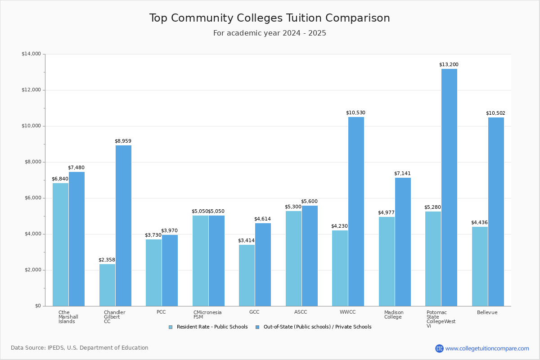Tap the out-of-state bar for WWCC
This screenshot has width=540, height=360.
pos(356,211)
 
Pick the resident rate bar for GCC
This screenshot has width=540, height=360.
pos(247,275)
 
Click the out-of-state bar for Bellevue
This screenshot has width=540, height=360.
pos(496,211)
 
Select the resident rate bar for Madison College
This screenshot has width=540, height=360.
pos(387,261)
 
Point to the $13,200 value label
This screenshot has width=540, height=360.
pos(449,65)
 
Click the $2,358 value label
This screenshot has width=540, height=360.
pos(107,260)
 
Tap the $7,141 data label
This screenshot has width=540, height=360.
pos(402,174)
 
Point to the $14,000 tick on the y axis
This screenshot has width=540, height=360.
pos(31,54)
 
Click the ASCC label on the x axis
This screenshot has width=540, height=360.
pos(301,312)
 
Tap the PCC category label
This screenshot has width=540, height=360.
pos(161,312)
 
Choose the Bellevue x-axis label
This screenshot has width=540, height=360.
pos(487,313)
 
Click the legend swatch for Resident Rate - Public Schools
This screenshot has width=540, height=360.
pos(171,327)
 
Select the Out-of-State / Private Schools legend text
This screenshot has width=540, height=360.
pos(317,327)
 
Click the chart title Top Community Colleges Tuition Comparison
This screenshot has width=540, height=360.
pos(270,18)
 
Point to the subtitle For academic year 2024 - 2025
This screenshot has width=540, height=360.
pos(270,33)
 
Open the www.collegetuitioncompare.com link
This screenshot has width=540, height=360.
pos(487,348)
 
